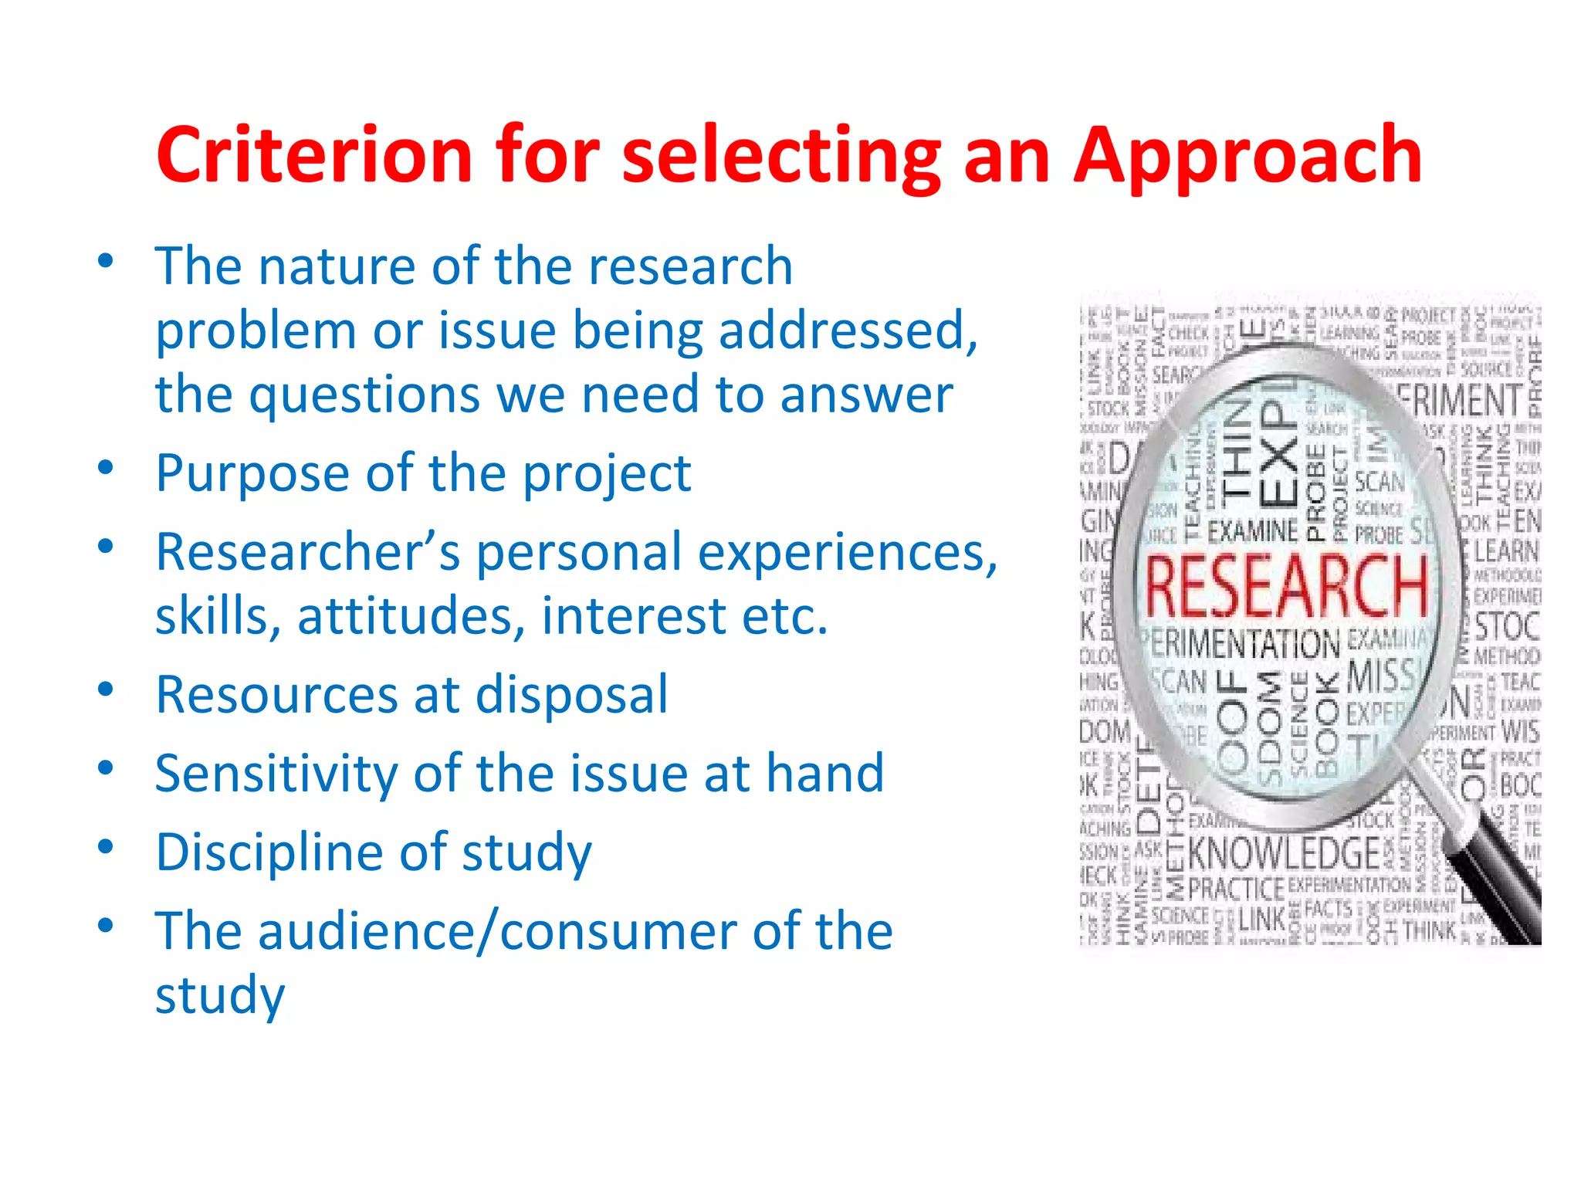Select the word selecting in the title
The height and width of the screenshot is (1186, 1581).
(782, 157)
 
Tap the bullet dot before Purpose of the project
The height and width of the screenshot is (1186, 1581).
(106, 467)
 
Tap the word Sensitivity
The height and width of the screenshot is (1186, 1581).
(276, 773)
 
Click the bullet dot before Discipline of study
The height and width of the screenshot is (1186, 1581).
(106, 846)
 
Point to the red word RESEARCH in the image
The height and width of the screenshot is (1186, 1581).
(1285, 587)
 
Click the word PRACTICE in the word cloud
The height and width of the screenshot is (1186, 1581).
(1235, 889)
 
